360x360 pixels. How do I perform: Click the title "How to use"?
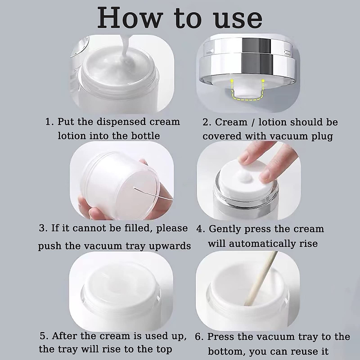180,19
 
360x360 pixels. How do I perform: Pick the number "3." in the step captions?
43,228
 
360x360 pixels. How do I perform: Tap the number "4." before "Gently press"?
201,229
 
